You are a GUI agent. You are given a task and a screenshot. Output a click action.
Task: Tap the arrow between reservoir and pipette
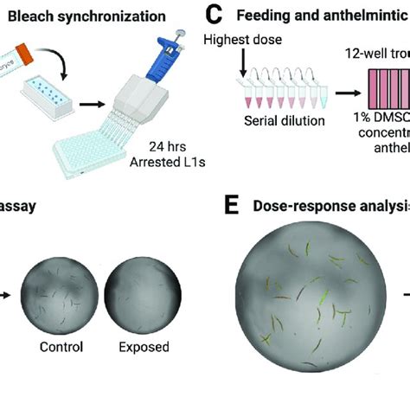[89, 108]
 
